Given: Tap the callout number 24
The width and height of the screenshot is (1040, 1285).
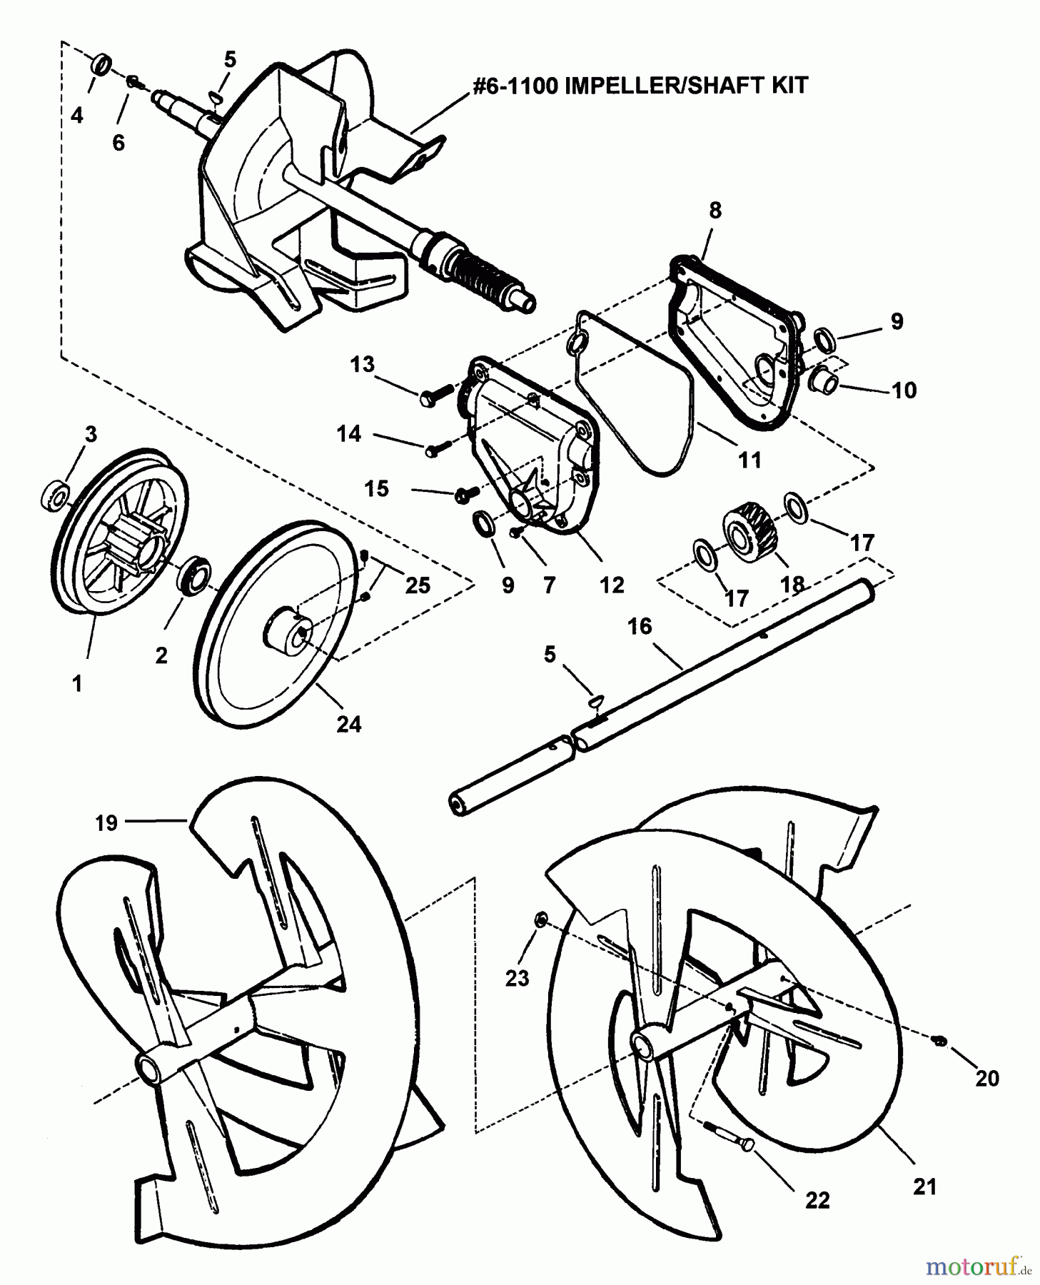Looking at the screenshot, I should (348, 724).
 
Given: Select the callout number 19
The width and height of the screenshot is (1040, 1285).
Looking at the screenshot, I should (106, 822).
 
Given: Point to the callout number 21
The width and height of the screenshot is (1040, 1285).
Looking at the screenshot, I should (924, 1186).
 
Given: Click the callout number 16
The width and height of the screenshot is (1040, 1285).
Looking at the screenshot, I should (640, 626).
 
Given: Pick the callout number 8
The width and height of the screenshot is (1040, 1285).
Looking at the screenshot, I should (715, 210).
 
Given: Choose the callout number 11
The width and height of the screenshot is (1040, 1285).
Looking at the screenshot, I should (749, 460).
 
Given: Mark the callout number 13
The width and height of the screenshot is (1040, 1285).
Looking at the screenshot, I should (362, 364).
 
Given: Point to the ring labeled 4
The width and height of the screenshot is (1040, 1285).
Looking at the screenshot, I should (102, 64).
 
